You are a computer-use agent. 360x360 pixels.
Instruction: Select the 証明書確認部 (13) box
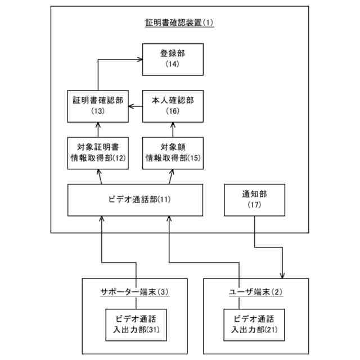(x=98, y=105)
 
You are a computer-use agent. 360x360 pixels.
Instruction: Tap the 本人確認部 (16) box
(x=172, y=105)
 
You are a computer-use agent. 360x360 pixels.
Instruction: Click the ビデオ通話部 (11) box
(x=135, y=200)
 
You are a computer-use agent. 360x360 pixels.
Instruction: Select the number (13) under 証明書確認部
(x=98, y=111)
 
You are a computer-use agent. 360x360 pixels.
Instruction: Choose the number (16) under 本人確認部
(x=172, y=111)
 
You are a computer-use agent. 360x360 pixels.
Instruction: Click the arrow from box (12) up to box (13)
(x=98, y=129)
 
